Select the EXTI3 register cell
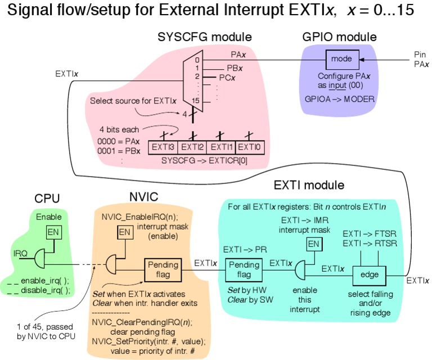point(163,147)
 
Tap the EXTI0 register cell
point(249,147)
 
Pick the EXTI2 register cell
point(192,147)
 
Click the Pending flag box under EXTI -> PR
point(243,270)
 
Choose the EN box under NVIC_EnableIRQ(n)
point(124,232)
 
